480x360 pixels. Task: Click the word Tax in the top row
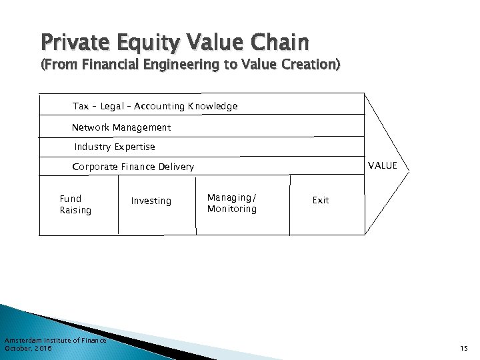tap(81, 106)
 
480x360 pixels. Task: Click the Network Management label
tap(121, 127)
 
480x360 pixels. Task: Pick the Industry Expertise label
tap(115, 147)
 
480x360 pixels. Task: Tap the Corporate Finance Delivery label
tap(133, 167)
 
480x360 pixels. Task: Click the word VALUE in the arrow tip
tap(383, 165)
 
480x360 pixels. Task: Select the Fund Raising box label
tap(75, 205)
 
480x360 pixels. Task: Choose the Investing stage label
tap(151, 201)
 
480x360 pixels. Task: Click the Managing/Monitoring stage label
tap(231, 203)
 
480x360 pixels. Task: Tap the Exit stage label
tap(321, 200)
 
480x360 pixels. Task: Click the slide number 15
tap(464, 347)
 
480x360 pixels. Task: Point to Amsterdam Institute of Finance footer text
tap(55, 341)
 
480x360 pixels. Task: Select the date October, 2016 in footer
tap(28, 348)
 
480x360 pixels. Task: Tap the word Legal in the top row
tap(109, 106)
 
